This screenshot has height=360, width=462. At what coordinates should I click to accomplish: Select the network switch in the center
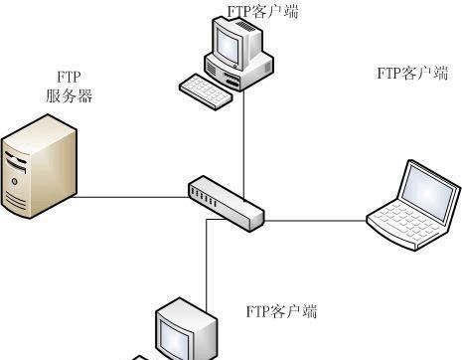coord(226,201)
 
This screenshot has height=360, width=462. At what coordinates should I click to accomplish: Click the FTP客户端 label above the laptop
coord(411,73)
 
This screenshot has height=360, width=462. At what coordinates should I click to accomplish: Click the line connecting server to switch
coord(129,196)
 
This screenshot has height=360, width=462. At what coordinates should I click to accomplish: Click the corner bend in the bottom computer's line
coord(207,220)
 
